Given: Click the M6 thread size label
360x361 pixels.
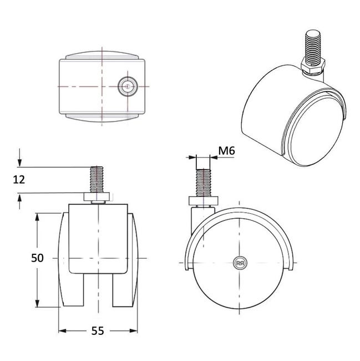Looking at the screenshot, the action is pos(227,151).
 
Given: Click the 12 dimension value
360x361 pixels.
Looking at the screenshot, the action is pos(19,179).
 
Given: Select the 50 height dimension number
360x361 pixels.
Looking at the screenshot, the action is pos(37,258).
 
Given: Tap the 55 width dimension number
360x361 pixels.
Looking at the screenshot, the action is pos(98,331).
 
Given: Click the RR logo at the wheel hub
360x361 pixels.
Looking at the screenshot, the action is pos(240,263).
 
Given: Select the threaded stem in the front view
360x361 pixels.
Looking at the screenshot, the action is pos(97,179).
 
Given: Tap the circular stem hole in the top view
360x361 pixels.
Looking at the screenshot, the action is pos(128,87).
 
